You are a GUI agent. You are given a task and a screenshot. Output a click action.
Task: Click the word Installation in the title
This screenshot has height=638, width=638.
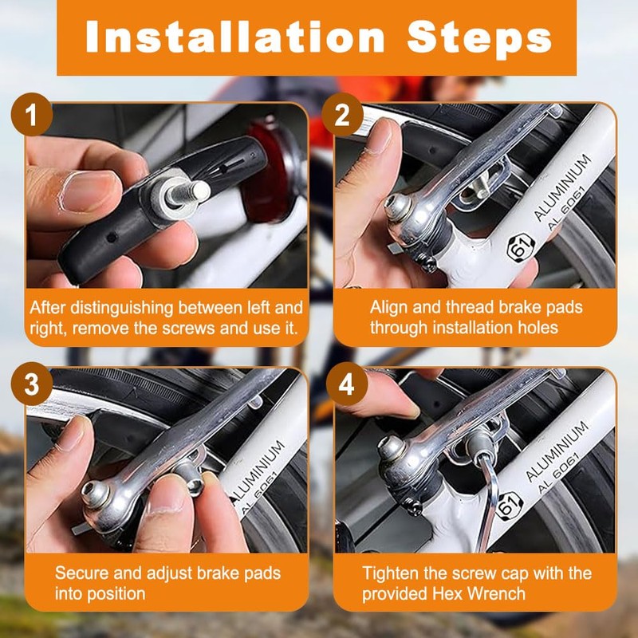point(235,37)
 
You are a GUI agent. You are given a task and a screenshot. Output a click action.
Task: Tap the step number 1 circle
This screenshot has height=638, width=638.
point(32,114)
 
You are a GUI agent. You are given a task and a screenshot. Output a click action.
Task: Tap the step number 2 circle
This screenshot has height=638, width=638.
point(342,114)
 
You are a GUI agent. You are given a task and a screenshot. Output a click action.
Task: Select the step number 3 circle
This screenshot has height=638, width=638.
point(32,384)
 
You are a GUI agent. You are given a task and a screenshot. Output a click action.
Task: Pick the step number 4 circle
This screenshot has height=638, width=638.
point(347,384)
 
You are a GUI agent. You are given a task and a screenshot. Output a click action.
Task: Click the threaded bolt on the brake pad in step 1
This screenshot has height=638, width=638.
point(188,193)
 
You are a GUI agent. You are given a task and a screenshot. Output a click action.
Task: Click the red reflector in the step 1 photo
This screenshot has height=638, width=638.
point(269,171)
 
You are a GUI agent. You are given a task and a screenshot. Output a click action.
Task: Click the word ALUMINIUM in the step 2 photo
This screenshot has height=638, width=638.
point(562,187)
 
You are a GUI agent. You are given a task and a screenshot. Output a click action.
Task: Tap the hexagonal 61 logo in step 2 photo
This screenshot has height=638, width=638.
point(521,246)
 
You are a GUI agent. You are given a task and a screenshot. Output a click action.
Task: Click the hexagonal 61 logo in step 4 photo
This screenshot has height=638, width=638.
point(509,506)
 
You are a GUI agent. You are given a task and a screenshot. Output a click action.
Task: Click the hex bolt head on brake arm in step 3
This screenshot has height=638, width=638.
point(95,494)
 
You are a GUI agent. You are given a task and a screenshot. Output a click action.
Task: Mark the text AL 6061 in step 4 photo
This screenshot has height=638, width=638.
point(557,474)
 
